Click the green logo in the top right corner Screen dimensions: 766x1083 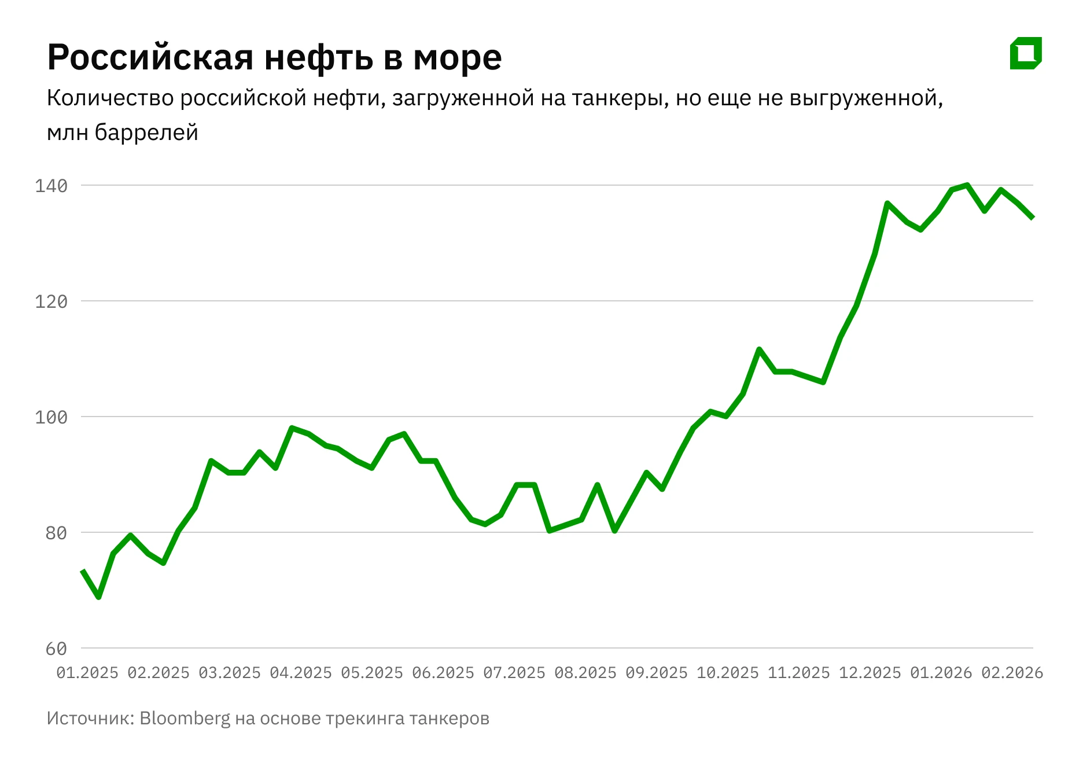point(1025,53)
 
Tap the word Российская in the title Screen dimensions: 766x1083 point(150,57)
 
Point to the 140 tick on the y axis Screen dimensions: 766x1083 point(51,186)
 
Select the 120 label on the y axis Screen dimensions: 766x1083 point(51,301)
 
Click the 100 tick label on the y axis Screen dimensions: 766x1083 point(51,417)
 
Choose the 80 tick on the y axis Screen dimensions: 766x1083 point(57,533)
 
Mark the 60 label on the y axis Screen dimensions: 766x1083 point(57,649)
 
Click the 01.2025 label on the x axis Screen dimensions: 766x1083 point(87,673)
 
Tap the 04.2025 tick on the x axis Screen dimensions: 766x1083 point(301,673)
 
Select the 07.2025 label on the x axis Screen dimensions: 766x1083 point(514,673)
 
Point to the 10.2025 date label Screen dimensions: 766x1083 point(728,673)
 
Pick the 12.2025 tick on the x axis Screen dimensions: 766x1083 point(870,673)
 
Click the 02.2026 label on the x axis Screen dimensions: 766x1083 point(1012,673)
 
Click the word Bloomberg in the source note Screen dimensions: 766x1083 point(185,719)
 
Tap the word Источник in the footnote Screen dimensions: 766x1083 point(90,719)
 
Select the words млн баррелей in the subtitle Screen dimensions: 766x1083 point(123,133)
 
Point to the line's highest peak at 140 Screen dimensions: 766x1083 point(967,185)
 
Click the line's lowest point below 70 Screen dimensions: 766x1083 point(98,596)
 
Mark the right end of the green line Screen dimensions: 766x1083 point(1033,218)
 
